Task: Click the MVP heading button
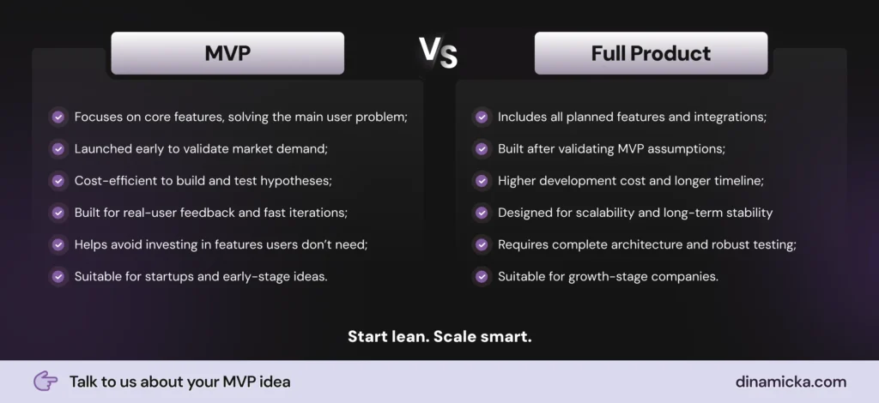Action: [227, 53]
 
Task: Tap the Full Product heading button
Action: [651, 53]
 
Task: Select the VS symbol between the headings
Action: [439, 52]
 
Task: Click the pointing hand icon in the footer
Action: [45, 382]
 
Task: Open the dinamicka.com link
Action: [791, 382]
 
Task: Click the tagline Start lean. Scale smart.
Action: [439, 336]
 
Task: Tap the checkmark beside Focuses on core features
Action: [58, 117]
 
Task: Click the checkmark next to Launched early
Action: [58, 149]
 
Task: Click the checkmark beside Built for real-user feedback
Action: [58, 213]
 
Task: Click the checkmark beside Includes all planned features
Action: [482, 117]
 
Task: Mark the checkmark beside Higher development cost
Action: [482, 181]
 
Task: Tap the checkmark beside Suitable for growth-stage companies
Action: [482, 276]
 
